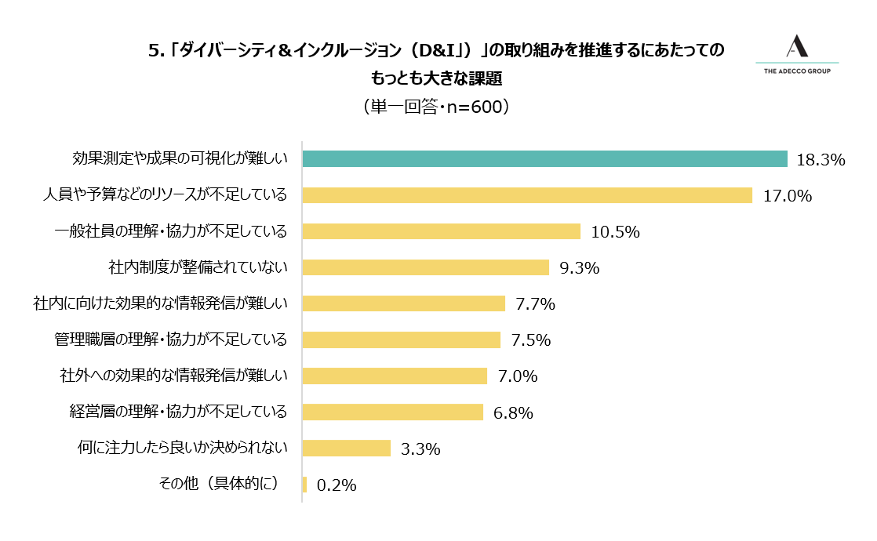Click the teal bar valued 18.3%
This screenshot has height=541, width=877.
click(x=544, y=158)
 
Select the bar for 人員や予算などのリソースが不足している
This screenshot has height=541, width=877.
click(x=527, y=195)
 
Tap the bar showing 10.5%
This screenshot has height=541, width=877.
click(x=441, y=231)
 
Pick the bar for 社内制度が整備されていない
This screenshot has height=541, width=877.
click(x=425, y=267)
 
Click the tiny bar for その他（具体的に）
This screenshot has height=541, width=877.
click(x=304, y=485)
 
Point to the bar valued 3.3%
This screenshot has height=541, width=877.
click(x=346, y=448)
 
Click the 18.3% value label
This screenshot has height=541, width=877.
click(x=820, y=160)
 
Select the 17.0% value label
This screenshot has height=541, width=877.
click(x=787, y=196)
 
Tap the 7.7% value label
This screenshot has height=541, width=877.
click(x=535, y=304)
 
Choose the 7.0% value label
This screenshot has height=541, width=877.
click(x=517, y=376)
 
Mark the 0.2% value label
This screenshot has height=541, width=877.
click(x=337, y=485)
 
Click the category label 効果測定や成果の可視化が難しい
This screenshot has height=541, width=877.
click(x=180, y=158)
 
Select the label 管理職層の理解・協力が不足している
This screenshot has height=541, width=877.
click(x=170, y=339)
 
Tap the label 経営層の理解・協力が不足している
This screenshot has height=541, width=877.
click(x=179, y=412)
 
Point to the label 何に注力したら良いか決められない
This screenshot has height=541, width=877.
click(x=182, y=448)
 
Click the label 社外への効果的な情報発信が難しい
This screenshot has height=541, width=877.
click(x=173, y=376)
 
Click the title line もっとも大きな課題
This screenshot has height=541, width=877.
click(x=436, y=78)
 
